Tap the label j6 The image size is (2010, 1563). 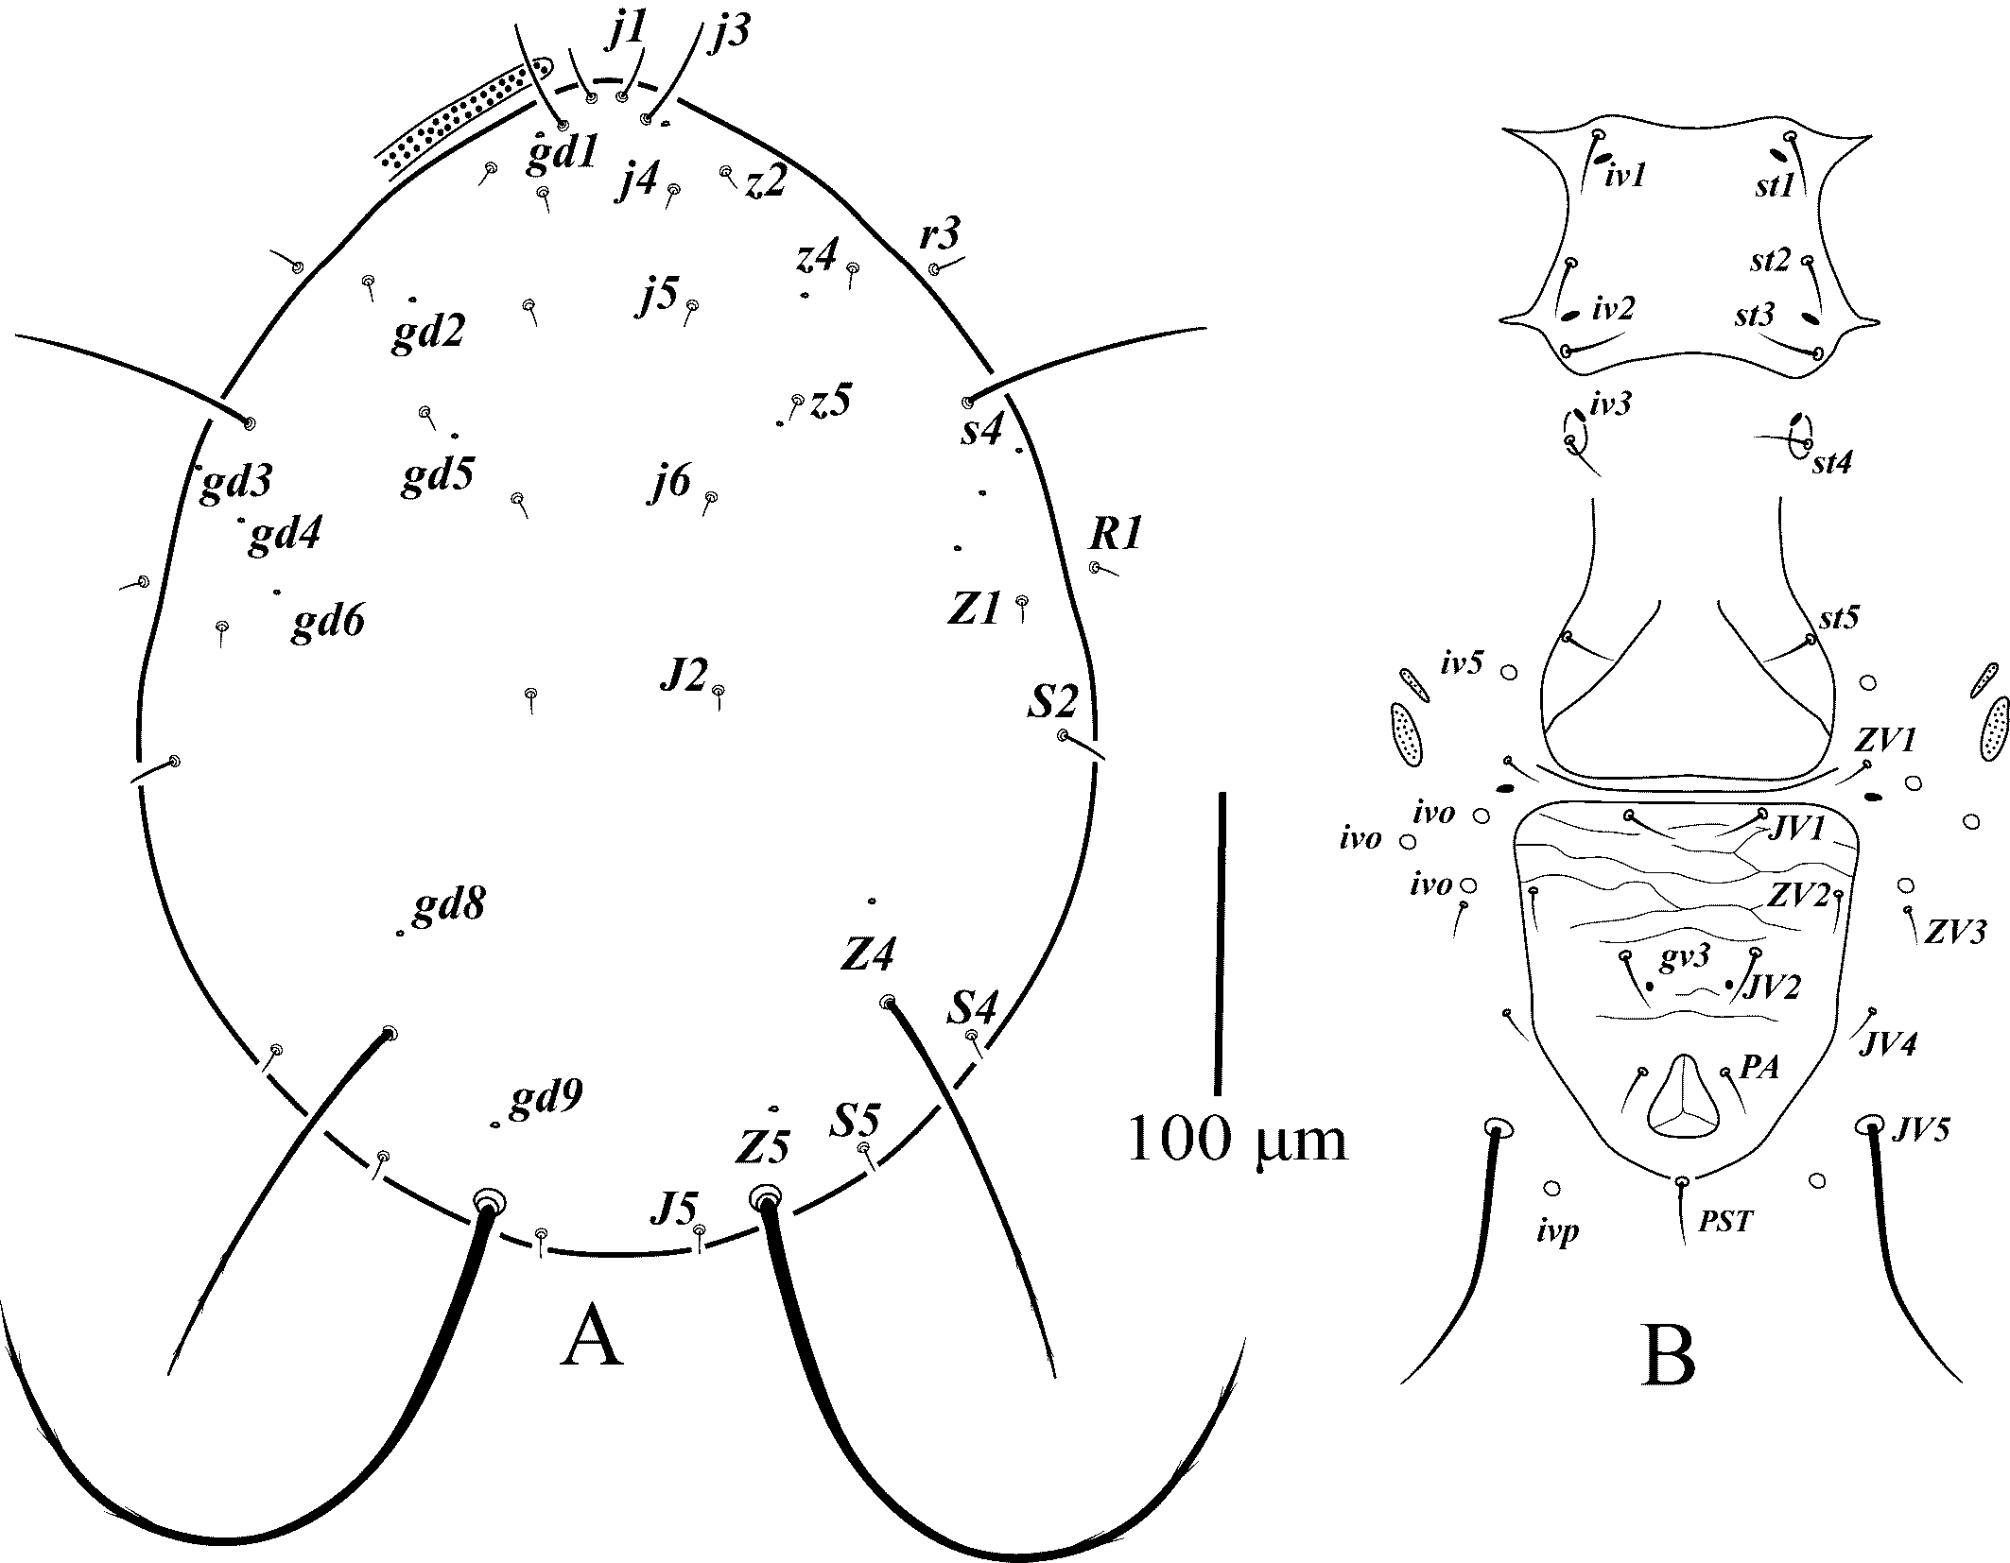pyautogui.click(x=669, y=484)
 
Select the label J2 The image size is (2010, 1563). pyautogui.click(x=683, y=676)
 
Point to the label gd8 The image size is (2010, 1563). pyautogui.click(x=449, y=906)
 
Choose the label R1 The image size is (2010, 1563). pyautogui.click(x=1116, y=536)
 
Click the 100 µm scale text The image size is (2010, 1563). pyautogui.click(x=1237, y=1142)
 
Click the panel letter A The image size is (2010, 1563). pyautogui.click(x=592, y=1339)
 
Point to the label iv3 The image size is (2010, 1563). pyautogui.click(x=1610, y=404)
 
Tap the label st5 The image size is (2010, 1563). pyautogui.click(x=1839, y=618)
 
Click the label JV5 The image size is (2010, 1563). pyautogui.click(x=1921, y=1129)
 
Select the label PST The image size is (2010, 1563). pyautogui.click(x=1725, y=1222)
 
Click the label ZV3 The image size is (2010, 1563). pyautogui.click(x=1955, y=931)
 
